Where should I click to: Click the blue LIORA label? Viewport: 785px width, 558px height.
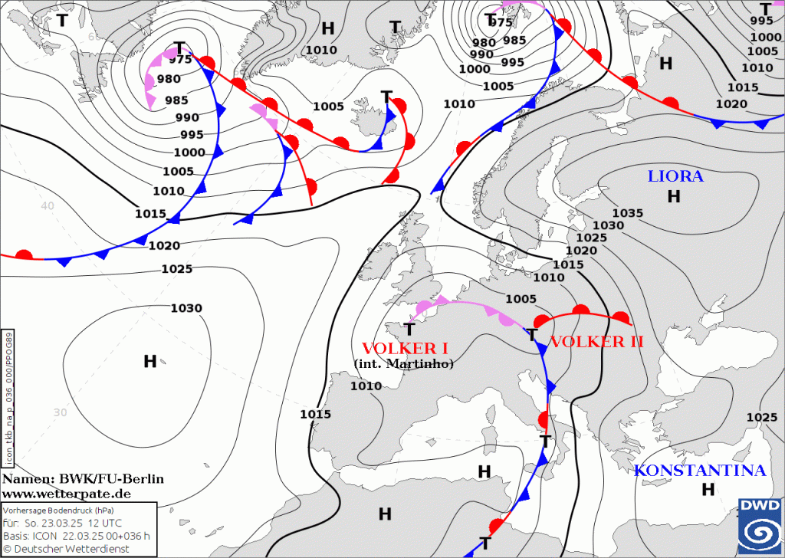[675, 176]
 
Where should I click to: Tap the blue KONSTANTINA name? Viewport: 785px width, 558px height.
[700, 471]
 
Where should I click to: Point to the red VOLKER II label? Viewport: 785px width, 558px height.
[596, 342]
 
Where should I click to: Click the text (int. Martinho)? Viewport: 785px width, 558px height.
[404, 364]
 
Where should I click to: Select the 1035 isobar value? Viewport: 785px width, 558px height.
[628, 212]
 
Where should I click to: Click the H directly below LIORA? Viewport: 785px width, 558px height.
[674, 197]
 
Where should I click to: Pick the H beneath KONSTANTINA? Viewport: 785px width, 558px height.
[708, 488]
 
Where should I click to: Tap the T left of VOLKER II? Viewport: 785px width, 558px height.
[531, 335]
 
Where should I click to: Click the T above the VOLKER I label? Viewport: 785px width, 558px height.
[409, 330]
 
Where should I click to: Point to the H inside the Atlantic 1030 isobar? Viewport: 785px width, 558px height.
[150, 361]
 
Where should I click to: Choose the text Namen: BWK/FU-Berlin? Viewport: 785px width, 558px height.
[83, 479]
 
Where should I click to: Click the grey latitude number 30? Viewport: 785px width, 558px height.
[61, 412]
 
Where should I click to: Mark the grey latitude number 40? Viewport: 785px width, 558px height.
[48, 206]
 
